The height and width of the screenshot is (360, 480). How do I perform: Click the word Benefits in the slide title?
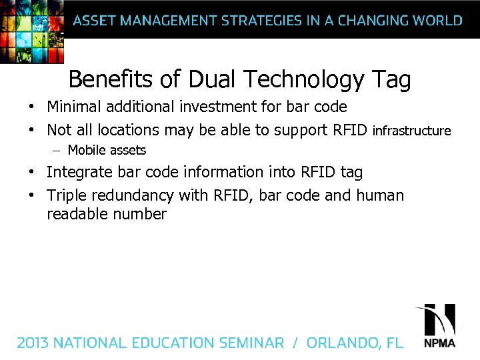112,80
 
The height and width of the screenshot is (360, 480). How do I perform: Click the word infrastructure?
412,131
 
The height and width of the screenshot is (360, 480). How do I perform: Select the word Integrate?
80,173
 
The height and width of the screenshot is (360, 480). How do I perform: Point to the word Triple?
67,196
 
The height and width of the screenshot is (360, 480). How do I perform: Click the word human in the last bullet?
380,195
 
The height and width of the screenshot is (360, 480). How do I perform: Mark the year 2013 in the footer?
33,343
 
